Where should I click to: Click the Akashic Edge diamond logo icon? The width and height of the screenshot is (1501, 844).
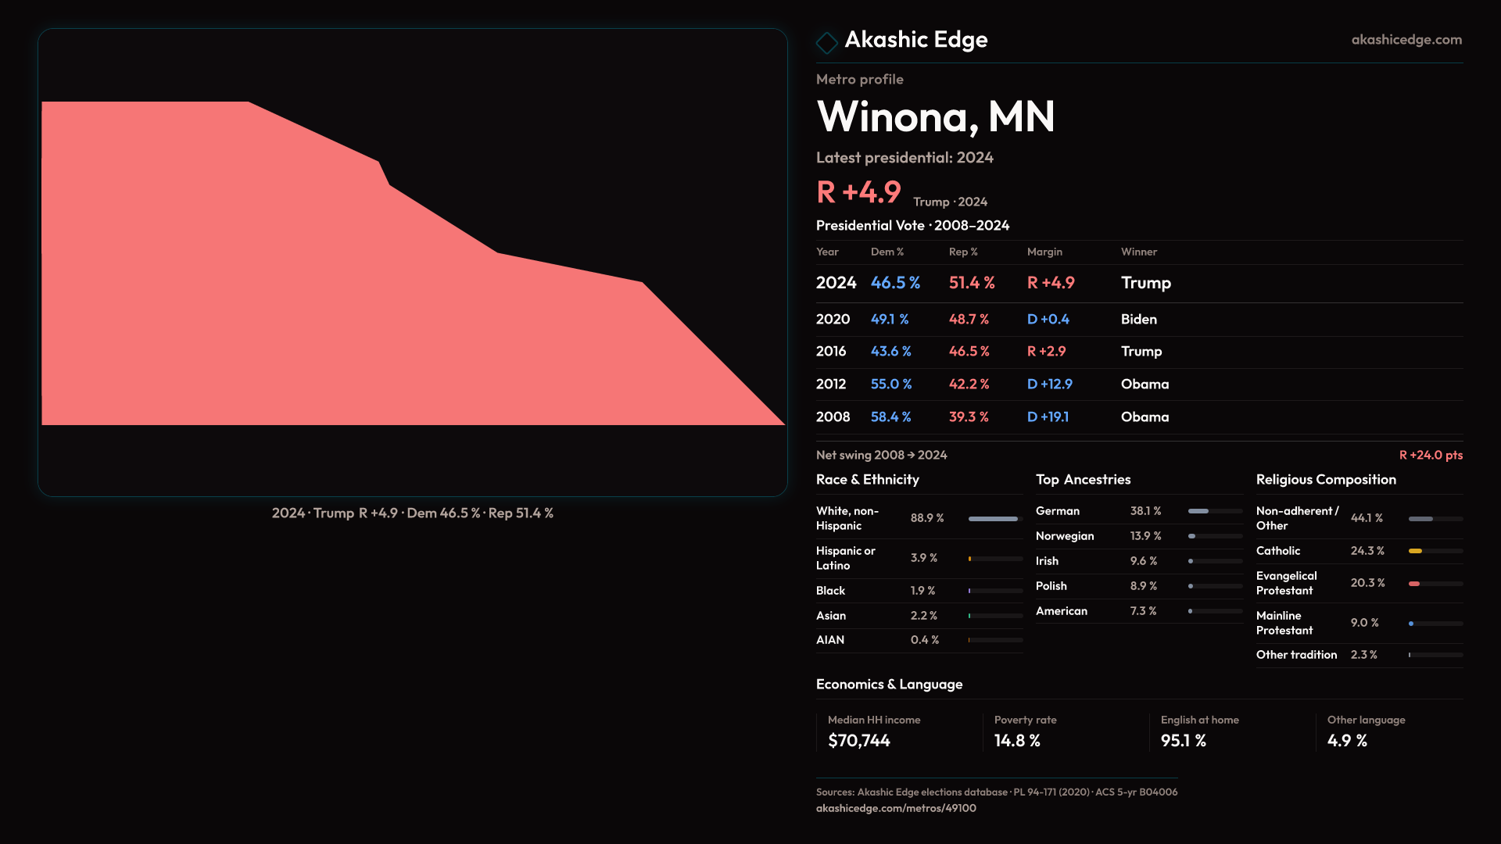click(826, 42)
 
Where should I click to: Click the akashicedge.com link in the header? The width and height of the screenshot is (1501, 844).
click(1406, 40)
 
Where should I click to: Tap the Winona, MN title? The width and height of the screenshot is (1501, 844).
click(936, 116)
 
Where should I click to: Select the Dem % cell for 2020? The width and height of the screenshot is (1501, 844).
click(890, 320)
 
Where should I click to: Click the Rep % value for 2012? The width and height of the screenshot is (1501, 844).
click(969, 384)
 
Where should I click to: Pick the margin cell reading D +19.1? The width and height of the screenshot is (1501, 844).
click(1048, 417)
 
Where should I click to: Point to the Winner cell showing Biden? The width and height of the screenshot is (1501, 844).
click(1139, 320)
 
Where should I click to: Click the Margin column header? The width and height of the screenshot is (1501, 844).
click(1044, 252)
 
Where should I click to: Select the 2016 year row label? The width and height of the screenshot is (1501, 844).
click(831, 352)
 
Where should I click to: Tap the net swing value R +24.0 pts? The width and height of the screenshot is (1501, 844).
click(1431, 455)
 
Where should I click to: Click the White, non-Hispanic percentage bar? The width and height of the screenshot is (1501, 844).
click(994, 519)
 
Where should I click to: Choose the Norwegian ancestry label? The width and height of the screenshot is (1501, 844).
click(1065, 536)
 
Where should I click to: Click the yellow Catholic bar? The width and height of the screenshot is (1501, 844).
click(1416, 551)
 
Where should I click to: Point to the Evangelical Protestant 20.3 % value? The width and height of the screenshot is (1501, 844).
click(1367, 583)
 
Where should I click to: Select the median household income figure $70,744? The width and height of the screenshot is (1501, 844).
click(859, 741)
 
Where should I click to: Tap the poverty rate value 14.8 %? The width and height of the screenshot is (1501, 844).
click(1017, 741)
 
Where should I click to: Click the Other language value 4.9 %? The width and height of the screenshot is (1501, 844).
click(1347, 741)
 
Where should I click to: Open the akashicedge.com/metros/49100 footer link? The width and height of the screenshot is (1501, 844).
click(896, 808)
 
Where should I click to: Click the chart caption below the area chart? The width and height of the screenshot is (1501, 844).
click(413, 513)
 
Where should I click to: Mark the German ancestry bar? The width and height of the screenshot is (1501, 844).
click(1199, 511)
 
